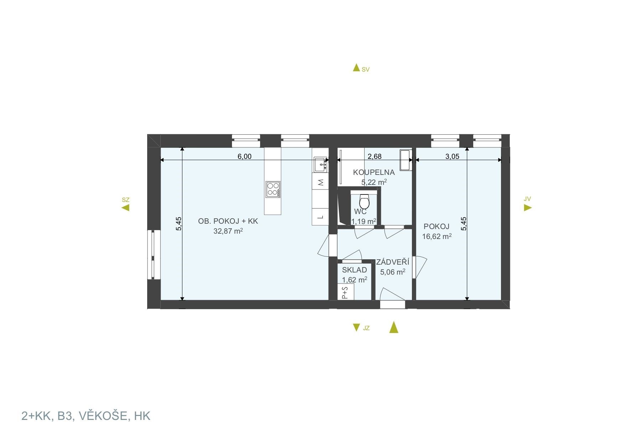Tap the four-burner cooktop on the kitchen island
coord(273,189)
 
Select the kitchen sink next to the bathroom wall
coord(320,165)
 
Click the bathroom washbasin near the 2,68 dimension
coord(406,160)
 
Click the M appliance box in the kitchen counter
coord(320,183)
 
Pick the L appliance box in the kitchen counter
coord(320,217)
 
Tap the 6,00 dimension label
coord(245,156)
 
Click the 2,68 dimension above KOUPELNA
coord(375,156)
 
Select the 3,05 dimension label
coord(452,156)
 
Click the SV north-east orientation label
coord(366,70)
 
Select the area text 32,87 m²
coord(228,231)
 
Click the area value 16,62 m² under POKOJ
coord(437,236)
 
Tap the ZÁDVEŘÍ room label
coord(393,262)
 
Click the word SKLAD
coord(355,270)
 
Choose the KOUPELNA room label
coord(374,172)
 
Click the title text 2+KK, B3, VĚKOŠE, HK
coord(86,416)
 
